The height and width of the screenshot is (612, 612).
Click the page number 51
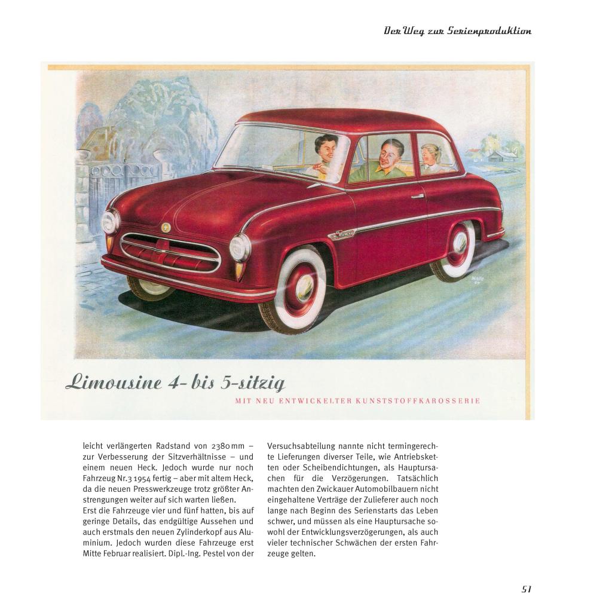pos(526,589)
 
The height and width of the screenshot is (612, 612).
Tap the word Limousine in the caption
pos(114,382)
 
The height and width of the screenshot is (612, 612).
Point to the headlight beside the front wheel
pos(240,248)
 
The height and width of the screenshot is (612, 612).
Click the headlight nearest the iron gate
pos(111,222)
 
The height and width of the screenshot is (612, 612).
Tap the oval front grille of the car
pos(170,251)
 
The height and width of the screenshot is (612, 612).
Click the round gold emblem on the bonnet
pos(165,227)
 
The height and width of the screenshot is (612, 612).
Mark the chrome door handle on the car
pos(417,195)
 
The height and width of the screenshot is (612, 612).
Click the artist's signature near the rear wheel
pos(477,279)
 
